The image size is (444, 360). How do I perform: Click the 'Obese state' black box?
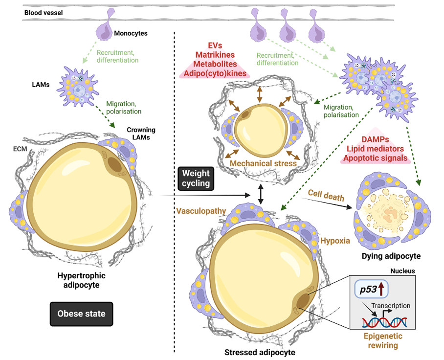coord(82,313)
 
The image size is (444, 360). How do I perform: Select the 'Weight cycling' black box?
coord(196,178)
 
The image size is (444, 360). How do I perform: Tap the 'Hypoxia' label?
coord(335,241)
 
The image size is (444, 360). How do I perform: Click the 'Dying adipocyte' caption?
coord(391,256)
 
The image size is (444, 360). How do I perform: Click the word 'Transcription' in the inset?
coord(391,306)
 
